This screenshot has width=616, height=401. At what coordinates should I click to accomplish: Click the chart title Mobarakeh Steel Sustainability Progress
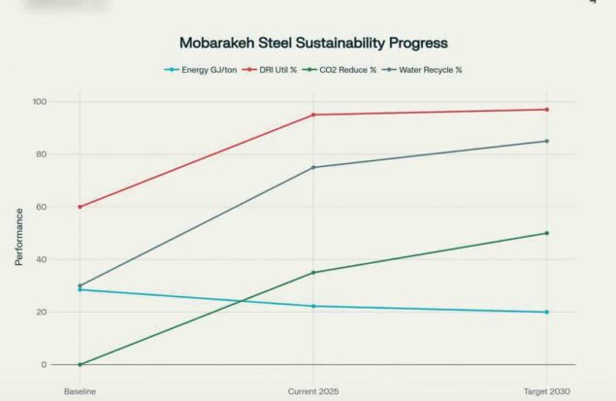pos(313,44)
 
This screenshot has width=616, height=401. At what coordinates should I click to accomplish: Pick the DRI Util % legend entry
pos(275,70)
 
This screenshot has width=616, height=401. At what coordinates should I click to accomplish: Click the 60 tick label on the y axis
pos(41,207)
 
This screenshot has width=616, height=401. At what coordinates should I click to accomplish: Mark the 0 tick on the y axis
pos(44,365)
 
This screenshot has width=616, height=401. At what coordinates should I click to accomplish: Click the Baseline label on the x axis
pos(81,390)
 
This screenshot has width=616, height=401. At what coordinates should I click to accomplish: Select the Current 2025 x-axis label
pos(312,390)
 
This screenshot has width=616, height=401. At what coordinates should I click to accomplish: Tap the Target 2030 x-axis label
pos(546,390)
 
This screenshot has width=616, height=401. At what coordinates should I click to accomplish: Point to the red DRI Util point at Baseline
pos(81,207)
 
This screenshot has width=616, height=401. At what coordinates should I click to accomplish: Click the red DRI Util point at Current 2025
pos(313,115)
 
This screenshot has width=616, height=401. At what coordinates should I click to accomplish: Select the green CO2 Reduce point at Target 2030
pos(547,233)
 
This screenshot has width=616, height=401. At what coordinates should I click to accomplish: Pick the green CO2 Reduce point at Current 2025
pos(313,273)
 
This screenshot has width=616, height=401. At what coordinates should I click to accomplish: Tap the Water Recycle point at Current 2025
pos(313,167)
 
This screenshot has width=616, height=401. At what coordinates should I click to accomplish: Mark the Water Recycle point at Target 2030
pos(547,141)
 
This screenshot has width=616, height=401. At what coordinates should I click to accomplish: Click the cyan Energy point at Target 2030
pos(547,312)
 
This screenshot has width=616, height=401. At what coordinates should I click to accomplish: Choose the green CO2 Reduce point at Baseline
pos(81,365)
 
